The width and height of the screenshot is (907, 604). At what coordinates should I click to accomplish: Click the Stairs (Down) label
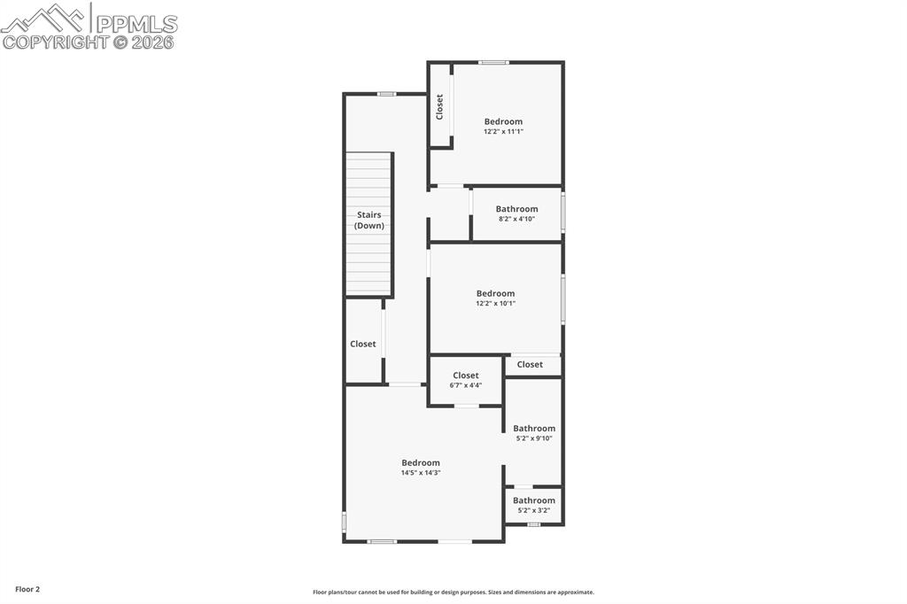click(369, 220)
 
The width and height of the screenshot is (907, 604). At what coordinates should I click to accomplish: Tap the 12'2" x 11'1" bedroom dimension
click(503, 131)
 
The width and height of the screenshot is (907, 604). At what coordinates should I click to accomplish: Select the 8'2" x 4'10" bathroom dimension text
click(516, 219)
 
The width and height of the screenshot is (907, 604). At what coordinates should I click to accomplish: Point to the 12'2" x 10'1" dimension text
click(495, 303)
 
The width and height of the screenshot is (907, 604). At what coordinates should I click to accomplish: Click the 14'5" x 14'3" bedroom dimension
click(421, 473)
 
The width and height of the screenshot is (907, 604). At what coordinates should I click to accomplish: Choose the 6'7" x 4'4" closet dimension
click(466, 385)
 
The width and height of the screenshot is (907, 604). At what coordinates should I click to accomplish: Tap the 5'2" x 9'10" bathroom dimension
click(534, 438)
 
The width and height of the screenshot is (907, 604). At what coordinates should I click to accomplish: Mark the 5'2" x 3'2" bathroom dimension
click(534, 510)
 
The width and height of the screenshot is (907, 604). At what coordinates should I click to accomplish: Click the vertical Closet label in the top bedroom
click(439, 107)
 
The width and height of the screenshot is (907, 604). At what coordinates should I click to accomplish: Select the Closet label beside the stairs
click(363, 344)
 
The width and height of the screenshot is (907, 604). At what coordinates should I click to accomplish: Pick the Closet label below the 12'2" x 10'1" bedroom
click(530, 364)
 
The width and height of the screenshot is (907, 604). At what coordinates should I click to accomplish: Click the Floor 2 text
click(27, 589)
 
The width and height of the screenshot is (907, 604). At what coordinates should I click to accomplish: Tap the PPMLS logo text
click(136, 23)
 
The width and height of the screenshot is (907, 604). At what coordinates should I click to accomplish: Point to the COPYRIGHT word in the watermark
click(55, 42)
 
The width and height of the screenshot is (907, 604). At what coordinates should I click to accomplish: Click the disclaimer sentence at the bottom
click(453, 592)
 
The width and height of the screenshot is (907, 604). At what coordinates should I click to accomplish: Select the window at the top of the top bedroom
click(493, 62)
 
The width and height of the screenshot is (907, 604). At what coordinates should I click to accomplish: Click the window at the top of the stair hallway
click(386, 94)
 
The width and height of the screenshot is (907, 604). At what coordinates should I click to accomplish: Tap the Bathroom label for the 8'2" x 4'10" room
click(516, 209)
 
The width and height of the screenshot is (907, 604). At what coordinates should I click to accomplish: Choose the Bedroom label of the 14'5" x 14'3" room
click(421, 462)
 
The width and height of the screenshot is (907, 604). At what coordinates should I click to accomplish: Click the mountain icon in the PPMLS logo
click(44, 17)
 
